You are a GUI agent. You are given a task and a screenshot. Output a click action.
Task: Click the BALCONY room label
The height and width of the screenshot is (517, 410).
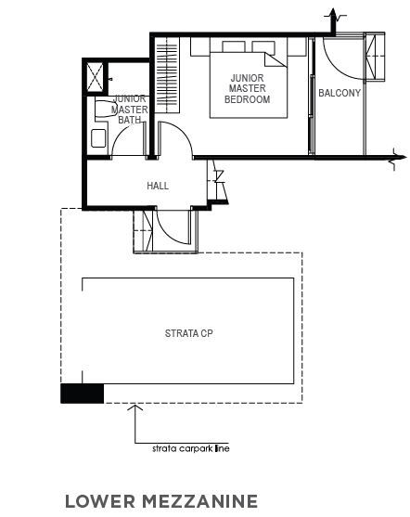pos(340,93)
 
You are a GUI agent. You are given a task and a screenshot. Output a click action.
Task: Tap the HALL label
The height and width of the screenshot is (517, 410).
pos(158,186)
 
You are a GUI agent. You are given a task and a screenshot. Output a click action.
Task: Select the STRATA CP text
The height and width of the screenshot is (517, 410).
pos(189,333)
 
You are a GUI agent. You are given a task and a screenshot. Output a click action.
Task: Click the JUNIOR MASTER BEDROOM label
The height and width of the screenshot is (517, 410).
pos(247,88)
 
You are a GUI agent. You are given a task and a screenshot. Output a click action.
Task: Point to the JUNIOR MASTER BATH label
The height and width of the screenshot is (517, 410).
pos(130,110)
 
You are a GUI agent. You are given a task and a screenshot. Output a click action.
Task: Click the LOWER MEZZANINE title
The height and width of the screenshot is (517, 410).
pos(161,501)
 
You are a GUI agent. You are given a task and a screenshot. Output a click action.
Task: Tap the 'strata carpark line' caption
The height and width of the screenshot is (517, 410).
pos(191,448)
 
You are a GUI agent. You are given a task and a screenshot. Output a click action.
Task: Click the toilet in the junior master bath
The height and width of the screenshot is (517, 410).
pos(105,108)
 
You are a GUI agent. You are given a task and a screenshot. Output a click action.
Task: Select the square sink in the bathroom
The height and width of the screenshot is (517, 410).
pos(98,138)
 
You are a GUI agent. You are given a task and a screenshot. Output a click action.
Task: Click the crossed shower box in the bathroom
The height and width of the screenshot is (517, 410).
pos(95,77)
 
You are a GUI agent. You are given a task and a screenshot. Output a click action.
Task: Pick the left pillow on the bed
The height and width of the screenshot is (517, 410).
pos(234,46)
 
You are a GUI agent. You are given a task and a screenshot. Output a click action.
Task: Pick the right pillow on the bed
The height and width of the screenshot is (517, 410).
pos(263,46)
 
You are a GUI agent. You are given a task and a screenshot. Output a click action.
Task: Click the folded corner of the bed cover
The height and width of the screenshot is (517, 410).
pos(275,60)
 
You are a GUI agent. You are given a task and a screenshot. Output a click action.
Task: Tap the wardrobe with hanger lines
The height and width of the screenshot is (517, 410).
pos(167,75)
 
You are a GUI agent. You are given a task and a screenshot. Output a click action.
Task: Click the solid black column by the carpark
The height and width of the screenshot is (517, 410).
pos(82,394)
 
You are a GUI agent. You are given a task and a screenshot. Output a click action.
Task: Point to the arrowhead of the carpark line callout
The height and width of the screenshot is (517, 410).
pos(135,407)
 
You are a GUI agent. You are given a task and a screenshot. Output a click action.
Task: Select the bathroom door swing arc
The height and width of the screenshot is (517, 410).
pos(125,138)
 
